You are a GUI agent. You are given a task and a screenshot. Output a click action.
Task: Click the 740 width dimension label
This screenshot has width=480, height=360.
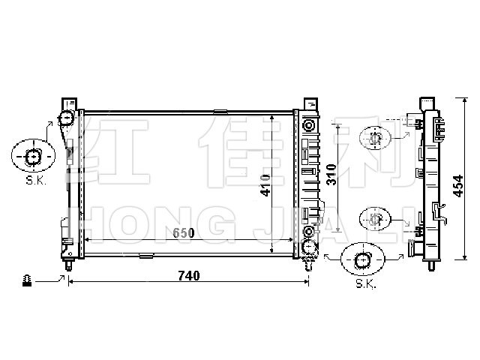pyautogui.click(x=189, y=276)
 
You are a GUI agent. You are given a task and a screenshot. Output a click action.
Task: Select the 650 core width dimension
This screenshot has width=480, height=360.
pyautogui.click(x=184, y=233)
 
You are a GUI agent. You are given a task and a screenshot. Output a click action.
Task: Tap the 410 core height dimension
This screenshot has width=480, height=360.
pyautogui.click(x=265, y=185)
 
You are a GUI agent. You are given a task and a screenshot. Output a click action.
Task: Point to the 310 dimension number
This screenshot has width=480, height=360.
pyautogui.click(x=331, y=175)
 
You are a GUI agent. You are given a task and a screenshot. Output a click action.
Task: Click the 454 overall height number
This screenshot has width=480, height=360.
pyautogui.click(x=458, y=186)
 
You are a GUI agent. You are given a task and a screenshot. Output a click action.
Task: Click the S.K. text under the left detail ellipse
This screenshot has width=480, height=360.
pyautogui.click(x=36, y=180)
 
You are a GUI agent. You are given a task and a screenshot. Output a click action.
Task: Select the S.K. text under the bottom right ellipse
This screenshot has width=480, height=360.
pyautogui.click(x=366, y=283)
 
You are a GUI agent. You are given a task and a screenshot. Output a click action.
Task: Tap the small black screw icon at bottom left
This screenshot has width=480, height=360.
pyautogui.click(x=27, y=280)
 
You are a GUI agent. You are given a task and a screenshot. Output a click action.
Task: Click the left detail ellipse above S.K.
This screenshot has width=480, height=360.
pyautogui.click(x=33, y=155)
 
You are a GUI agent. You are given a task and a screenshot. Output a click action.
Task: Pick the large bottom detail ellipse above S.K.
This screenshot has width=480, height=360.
pyautogui.click(x=362, y=259)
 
